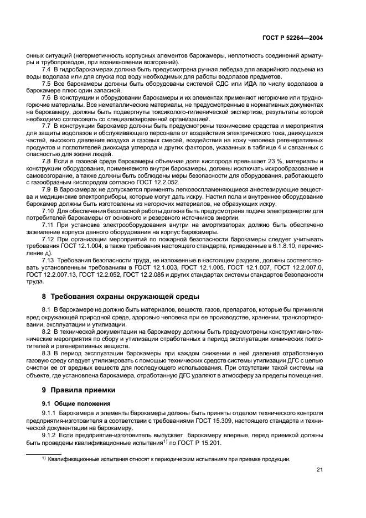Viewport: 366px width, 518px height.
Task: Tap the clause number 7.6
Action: (47, 97)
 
